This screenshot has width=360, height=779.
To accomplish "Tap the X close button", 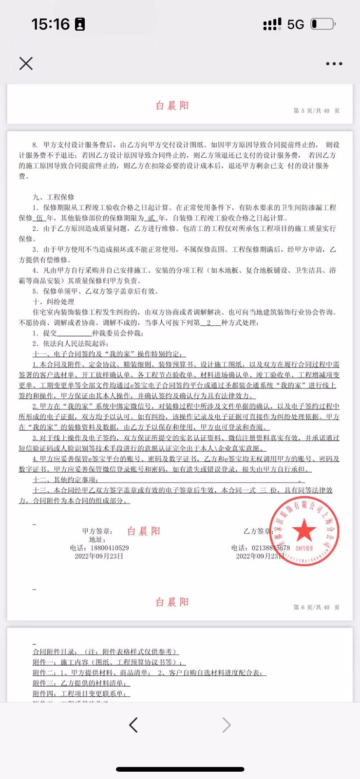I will coord(26,63).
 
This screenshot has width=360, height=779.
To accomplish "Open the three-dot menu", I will coord(334,64).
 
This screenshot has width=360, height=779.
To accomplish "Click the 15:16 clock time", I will coord(51,24).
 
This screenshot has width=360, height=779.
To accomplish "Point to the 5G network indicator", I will coord(295,24).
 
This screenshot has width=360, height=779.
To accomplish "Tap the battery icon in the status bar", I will coord(322,24).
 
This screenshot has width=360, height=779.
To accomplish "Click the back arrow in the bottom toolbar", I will coord(133,725).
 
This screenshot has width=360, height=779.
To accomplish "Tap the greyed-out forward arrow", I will coord(227,725).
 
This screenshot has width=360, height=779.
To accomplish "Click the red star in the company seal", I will coord(304,530).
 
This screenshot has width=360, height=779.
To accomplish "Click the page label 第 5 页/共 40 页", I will coord(316,111).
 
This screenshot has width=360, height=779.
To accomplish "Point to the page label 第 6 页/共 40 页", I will coord(316,608).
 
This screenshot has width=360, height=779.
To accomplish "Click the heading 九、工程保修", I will coord(54,197).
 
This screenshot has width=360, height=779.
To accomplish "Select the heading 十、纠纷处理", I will coord(54,302).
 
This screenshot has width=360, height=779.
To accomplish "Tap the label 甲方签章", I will coord(97,531).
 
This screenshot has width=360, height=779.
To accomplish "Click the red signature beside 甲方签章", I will coord(144,531).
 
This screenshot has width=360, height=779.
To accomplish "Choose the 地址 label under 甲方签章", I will coord(97,539).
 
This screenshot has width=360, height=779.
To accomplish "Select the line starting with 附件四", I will coord(81,694).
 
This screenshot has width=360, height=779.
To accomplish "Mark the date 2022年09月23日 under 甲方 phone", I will coord(99,556).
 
